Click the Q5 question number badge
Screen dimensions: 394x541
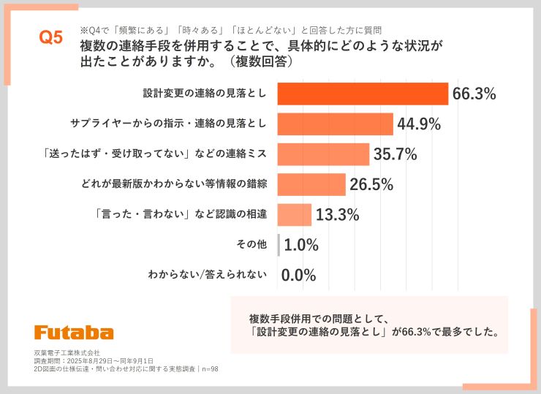coord(50,39)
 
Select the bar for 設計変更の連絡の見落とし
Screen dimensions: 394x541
coord(363,94)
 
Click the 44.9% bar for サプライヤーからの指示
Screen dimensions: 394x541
coord(335,124)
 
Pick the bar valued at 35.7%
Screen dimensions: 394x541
coord(323,154)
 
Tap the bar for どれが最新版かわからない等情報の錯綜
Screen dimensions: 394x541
coord(311,184)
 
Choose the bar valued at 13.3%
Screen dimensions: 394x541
coord(295,215)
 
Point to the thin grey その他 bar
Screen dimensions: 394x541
coord(279,245)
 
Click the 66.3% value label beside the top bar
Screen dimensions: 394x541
coord(474,94)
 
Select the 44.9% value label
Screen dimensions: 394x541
coord(419,124)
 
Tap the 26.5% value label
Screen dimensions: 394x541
coord(371,184)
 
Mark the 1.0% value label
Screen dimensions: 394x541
coord(300,246)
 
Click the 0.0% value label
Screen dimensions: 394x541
coord(298,276)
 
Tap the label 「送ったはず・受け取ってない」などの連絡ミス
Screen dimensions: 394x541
coord(154,154)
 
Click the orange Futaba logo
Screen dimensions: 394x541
coord(73,332)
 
